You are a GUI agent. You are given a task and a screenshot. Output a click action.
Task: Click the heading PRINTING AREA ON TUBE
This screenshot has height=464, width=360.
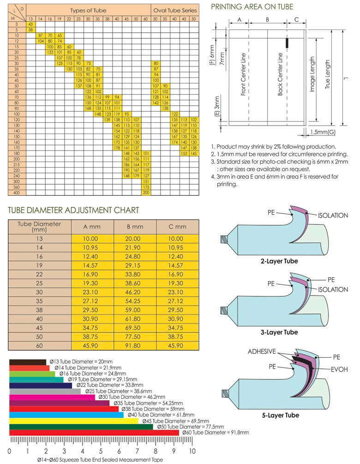coord(252,7)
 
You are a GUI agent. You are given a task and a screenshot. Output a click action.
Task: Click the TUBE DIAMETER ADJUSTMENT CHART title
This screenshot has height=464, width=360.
coord(73,210)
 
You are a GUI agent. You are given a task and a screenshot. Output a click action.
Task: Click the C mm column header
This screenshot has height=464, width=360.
coord(177,227)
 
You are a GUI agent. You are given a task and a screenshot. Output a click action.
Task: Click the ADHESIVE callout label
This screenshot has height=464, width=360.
coord(262,352)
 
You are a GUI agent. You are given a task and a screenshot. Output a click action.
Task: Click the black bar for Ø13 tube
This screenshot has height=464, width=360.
coord(28,362)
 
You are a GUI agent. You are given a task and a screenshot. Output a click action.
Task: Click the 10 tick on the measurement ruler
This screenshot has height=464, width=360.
coord(192,451)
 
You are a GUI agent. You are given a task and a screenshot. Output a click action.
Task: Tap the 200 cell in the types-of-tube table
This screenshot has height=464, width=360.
coord(146,192)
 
